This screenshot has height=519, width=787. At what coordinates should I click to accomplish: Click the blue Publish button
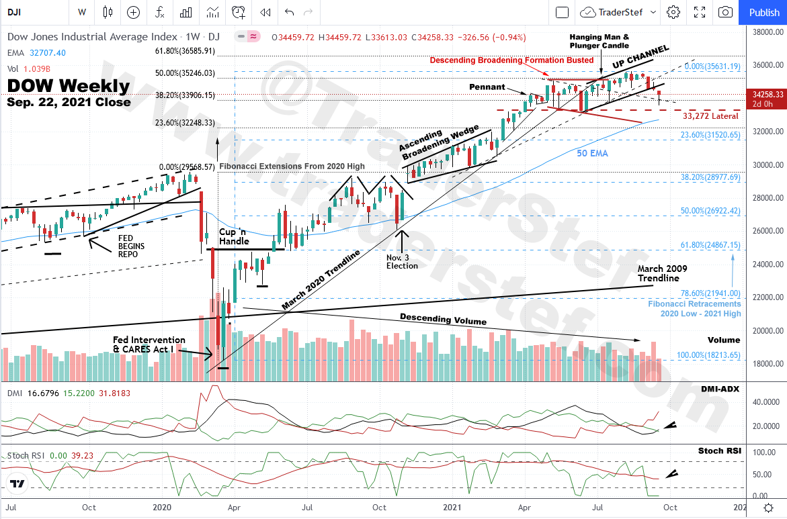764,12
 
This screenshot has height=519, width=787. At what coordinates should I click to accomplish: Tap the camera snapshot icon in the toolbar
725,12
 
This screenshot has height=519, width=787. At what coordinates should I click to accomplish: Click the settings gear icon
673,12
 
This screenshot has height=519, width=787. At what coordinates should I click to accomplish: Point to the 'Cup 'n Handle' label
234,236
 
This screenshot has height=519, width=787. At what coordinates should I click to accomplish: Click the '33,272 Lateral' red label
710,116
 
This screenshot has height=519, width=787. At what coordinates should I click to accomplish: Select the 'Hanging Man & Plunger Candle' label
599,41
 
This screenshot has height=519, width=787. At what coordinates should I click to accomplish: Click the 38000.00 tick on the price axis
765,32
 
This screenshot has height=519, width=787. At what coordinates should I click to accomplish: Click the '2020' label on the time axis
165,507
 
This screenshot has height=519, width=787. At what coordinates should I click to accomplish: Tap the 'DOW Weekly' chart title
69,86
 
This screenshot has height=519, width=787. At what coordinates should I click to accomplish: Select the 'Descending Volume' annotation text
443,320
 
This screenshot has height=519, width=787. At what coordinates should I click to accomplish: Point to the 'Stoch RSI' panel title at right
720,451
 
